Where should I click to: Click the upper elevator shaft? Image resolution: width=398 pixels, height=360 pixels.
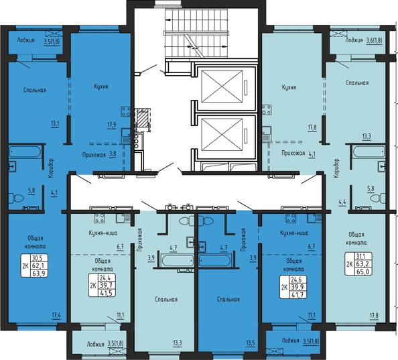click(222, 86)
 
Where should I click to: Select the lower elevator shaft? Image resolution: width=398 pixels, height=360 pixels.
click(222, 135)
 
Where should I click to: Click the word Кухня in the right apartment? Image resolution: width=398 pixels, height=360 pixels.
click(289, 87)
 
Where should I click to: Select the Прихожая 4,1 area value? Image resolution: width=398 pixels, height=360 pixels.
click(312, 154)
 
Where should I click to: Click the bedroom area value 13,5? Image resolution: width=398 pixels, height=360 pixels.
click(251, 343)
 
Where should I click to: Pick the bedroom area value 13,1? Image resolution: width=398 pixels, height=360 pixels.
click(55, 124)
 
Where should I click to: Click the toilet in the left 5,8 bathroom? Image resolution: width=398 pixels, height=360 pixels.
click(16, 198)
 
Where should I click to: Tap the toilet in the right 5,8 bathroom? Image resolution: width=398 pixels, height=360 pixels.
click(378, 198)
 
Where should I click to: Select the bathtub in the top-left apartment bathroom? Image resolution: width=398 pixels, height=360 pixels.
click(25, 152)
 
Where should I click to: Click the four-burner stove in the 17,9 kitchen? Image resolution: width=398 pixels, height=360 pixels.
click(126, 112)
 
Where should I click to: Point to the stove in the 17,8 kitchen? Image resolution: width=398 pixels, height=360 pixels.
click(267, 110)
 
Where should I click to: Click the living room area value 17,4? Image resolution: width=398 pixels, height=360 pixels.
click(56, 316)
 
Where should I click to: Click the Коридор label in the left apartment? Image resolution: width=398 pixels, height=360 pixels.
click(51, 168)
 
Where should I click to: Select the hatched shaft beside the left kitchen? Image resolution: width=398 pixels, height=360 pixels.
click(143, 119)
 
